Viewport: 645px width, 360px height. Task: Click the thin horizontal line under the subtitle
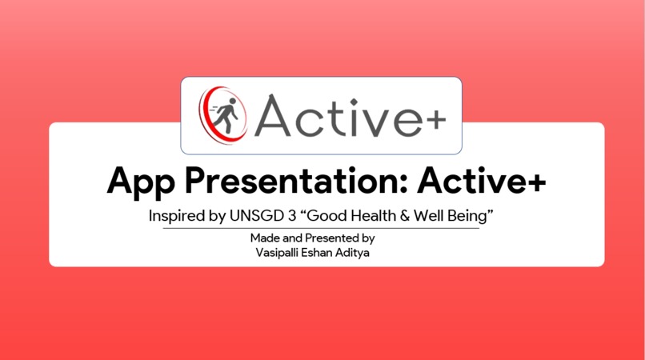click(x=322, y=229)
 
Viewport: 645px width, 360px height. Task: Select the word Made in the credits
click(x=265, y=238)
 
